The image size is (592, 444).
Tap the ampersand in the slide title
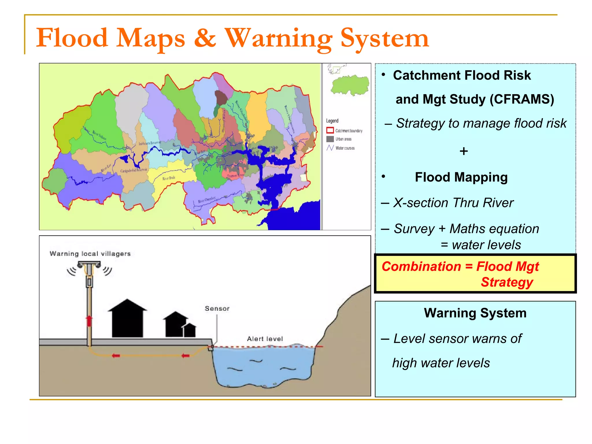point(205,38)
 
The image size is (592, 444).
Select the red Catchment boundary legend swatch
point(330,130)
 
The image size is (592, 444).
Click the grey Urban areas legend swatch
point(330,139)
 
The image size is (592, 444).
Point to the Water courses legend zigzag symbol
point(330,148)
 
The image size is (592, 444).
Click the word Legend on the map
point(332,121)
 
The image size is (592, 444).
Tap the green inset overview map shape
point(350,85)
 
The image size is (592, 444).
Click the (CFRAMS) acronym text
point(522,99)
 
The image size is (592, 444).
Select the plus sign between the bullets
point(464,151)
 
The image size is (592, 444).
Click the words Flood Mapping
point(461,177)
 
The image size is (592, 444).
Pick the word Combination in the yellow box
point(421,266)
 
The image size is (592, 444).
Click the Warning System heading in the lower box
point(475,313)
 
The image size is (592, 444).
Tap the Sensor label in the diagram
point(217,308)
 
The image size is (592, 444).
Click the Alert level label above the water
point(265,339)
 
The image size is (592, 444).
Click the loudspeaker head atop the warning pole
point(89,264)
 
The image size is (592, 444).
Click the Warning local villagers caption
point(90,254)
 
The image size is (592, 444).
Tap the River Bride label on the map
point(169,178)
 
